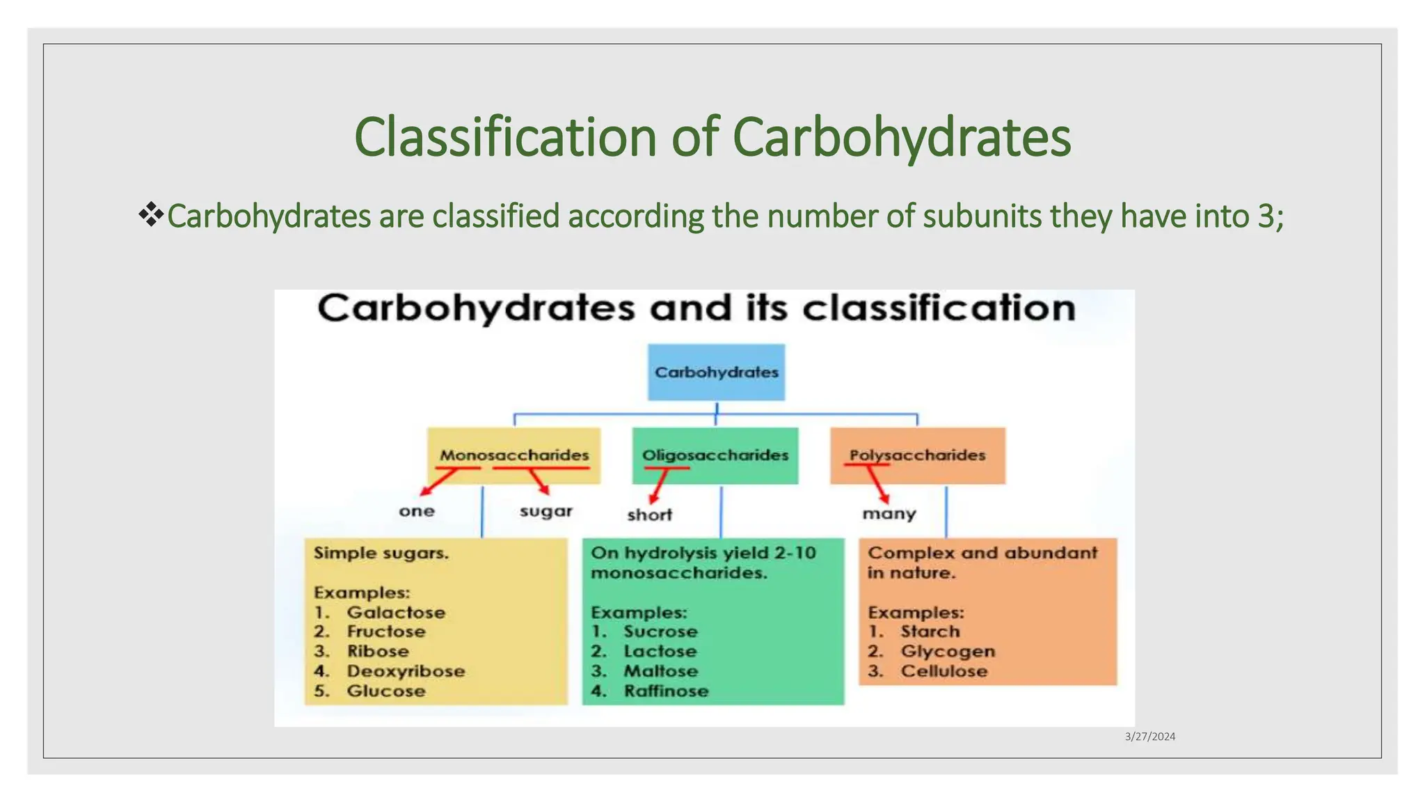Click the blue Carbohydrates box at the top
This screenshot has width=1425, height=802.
(716, 372)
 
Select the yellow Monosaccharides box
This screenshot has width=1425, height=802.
(514, 455)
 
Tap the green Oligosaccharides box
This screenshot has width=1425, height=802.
(715, 455)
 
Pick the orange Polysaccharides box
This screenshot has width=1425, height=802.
(917, 455)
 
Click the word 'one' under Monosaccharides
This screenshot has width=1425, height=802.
(417, 512)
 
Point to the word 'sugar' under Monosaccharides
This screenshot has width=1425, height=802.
(546, 512)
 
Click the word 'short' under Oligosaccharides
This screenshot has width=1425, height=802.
(649, 515)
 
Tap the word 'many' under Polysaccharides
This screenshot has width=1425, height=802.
(889, 514)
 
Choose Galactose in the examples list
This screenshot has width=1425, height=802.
(396, 613)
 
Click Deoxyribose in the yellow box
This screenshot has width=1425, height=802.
(406, 672)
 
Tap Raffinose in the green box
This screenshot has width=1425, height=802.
(666, 691)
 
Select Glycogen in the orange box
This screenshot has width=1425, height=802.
(948, 652)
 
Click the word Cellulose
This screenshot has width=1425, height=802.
(944, 672)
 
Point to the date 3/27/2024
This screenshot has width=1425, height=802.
(1149, 737)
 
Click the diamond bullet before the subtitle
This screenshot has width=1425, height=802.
(150, 214)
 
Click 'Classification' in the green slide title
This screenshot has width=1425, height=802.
(505, 137)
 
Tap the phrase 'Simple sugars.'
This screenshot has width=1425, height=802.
(381, 553)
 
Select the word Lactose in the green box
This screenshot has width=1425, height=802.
(660, 652)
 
